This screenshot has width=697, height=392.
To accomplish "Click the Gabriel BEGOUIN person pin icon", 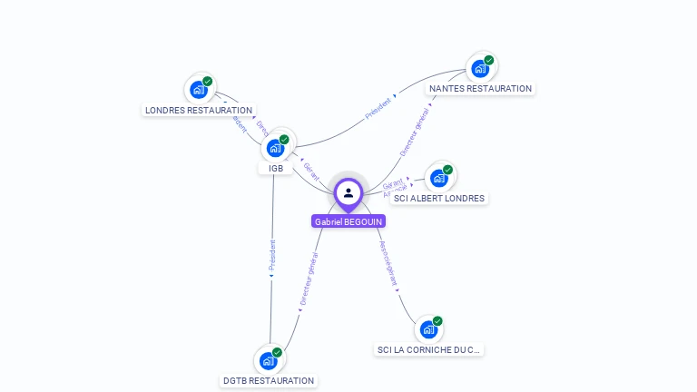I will (348, 192).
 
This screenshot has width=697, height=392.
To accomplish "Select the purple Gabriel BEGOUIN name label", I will (348, 221).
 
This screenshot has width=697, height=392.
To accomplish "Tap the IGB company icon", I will (276, 148).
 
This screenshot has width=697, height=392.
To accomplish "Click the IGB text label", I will (276, 168).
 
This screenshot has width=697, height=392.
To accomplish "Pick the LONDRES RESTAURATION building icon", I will (199, 90).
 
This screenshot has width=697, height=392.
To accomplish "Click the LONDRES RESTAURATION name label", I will (199, 110).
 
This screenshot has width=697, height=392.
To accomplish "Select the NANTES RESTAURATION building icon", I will (480, 68).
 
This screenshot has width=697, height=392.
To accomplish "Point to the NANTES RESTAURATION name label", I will (480, 88).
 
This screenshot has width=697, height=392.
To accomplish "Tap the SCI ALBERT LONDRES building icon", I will (439, 178).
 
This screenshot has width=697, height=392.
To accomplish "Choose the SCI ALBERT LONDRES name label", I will (439, 198).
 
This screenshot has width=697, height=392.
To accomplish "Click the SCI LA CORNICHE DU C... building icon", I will (428, 328).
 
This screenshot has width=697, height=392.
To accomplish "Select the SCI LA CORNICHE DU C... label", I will (428, 349).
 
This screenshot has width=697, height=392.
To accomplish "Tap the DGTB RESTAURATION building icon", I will (269, 360).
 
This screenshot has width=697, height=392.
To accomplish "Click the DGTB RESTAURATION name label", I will (269, 380).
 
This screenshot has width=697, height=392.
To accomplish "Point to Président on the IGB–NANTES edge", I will (378, 109).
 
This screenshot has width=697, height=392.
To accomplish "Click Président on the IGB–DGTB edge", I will (271, 256).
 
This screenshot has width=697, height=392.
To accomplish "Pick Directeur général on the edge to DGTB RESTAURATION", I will (309, 278).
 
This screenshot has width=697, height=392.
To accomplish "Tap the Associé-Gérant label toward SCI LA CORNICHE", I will (388, 264).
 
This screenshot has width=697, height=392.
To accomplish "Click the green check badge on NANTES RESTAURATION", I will (489, 60).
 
